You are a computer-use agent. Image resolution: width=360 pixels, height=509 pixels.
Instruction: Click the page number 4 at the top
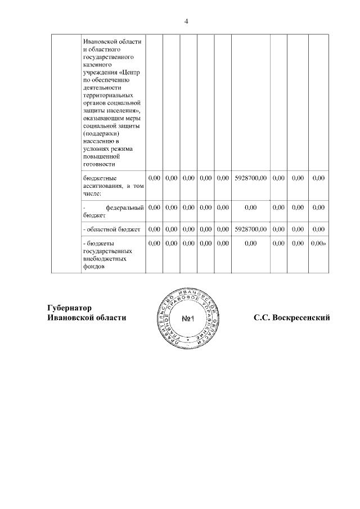[x=186, y=21]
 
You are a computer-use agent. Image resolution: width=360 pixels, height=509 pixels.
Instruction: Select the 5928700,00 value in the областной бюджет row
[x=250, y=229]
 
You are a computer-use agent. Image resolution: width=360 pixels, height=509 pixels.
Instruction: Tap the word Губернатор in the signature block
[x=69, y=308]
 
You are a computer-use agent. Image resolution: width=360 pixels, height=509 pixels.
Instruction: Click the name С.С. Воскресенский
[x=291, y=318]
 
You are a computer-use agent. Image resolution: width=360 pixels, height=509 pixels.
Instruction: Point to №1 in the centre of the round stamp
[x=188, y=319]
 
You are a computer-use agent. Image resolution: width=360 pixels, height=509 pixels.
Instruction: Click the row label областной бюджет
[x=111, y=229]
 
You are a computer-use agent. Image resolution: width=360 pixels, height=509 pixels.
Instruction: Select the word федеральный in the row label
[x=125, y=208]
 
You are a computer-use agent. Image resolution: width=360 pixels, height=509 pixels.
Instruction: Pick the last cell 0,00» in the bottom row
[x=319, y=244]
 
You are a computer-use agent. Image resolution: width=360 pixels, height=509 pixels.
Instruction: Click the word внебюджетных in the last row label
[x=104, y=259]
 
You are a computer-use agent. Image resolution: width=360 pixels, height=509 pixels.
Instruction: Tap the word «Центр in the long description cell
[x=129, y=73]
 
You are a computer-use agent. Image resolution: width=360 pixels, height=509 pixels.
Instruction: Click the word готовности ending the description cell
[x=99, y=164]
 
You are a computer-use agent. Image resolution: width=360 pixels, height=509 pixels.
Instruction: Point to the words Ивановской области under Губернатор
[x=87, y=318]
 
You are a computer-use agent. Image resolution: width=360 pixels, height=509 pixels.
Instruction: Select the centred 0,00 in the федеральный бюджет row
[x=250, y=208]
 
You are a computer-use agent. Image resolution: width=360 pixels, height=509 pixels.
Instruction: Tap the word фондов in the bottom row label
[x=94, y=267]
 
